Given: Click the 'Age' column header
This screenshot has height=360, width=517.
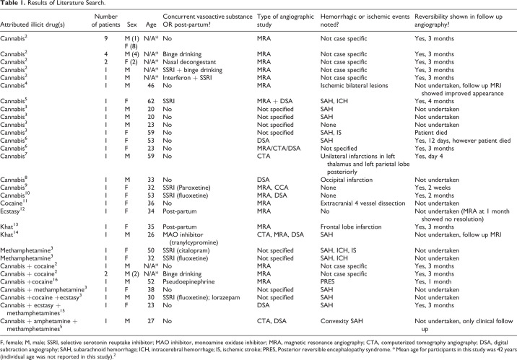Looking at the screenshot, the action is tap(151, 25).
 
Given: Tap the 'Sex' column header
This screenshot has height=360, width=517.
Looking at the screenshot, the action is tap(132, 25).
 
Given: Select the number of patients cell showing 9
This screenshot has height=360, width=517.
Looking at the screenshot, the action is tap(106, 38).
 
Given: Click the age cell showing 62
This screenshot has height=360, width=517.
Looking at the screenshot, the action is tap(151, 101).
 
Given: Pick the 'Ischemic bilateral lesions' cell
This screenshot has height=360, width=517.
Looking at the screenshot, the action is tap(354, 85).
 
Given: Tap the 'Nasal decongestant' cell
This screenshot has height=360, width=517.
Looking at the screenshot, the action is tap(189, 62).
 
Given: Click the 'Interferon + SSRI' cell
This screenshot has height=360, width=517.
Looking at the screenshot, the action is tap(187, 78).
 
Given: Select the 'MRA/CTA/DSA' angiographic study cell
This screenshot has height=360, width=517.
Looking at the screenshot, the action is tap(279, 148).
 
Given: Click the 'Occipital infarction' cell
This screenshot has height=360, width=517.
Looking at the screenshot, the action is tap(347, 180).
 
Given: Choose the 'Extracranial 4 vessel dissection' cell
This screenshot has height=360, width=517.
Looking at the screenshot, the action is tap(362, 203).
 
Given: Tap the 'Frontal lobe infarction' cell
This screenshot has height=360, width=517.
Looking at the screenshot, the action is tap(351, 227).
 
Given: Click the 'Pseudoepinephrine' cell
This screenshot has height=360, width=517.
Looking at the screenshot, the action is tap(188, 281).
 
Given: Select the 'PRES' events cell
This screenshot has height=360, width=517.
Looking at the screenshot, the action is tap(327, 281).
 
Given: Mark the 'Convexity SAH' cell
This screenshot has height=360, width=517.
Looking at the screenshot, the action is tap(342, 321).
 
